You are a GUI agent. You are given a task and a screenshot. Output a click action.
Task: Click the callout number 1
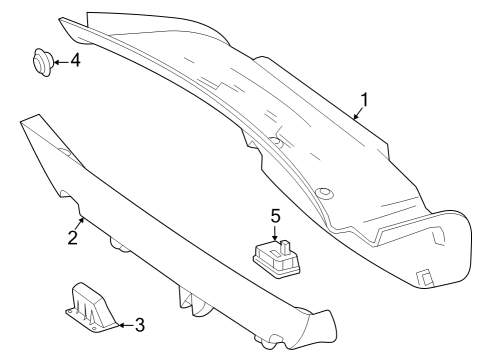point(365,100)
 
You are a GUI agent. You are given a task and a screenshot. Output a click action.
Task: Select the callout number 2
point(73,237)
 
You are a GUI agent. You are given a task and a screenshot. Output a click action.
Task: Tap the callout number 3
point(140,325)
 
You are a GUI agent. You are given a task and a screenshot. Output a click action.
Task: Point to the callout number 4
point(76,61)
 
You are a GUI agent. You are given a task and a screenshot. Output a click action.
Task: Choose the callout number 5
point(275,216)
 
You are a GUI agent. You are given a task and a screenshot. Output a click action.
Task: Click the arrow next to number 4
point(61,62)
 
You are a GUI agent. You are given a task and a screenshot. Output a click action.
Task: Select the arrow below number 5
point(275,233)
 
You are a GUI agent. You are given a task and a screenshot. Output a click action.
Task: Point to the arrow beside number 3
point(126,325)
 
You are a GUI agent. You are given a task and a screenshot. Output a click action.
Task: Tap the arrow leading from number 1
point(358,113)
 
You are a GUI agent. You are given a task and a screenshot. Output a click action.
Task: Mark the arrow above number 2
point(80,223)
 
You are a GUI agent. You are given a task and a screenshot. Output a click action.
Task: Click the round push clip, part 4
point(42,62)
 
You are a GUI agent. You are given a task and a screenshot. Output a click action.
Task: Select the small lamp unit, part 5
point(276,258)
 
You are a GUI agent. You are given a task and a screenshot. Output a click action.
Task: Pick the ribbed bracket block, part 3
point(91,307)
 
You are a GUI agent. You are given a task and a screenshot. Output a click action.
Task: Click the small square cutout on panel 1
point(425,277)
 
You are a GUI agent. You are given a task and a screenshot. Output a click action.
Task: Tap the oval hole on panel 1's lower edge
point(324,193)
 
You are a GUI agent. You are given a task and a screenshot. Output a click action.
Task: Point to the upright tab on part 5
point(285,247)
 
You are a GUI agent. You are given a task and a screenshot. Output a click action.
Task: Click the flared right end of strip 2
point(322,328)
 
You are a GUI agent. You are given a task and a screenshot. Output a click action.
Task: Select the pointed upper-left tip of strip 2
point(22,121)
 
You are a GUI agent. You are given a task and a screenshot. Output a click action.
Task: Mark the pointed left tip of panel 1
point(60,20)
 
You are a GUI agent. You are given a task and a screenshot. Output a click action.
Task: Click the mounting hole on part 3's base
point(70,311)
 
